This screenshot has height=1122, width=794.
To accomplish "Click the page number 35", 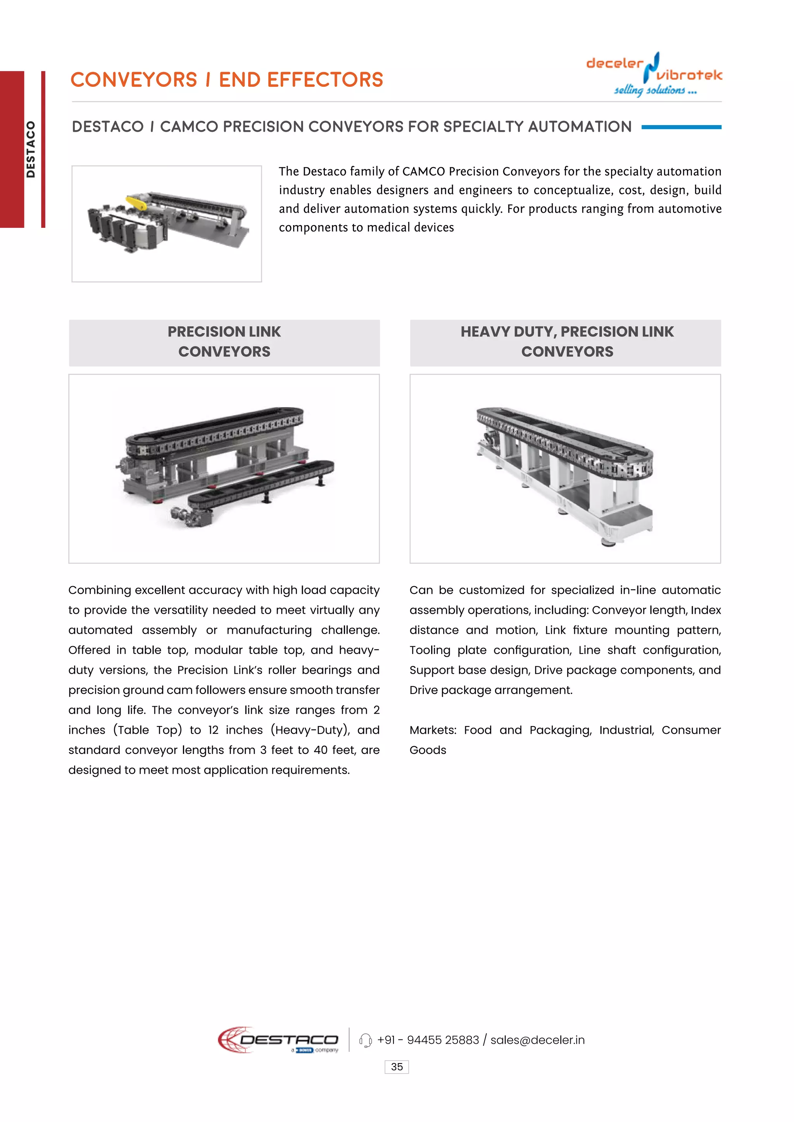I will tap(397, 1067).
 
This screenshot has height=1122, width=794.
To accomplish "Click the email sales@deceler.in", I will tap(537, 1040).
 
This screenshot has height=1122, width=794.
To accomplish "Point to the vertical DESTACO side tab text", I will tap(31, 149).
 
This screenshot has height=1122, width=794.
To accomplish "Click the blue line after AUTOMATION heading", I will tap(681, 127).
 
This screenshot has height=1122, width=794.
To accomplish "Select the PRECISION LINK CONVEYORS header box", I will tap(224, 342).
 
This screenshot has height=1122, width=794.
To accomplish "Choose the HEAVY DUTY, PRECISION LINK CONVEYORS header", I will tap(566, 342).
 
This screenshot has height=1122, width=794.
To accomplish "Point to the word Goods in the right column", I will tap(428, 750).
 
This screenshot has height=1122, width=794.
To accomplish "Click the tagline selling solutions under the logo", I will tap(655, 90).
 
